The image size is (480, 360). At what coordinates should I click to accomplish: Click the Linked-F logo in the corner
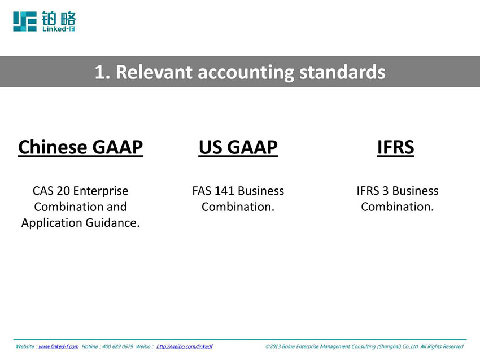point(44,21)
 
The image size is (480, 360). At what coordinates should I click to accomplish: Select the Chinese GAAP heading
point(81,148)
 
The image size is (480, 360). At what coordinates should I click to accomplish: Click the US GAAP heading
point(238,148)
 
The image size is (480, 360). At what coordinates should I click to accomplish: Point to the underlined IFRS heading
point(395,148)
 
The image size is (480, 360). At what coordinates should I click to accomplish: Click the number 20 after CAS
point(63,191)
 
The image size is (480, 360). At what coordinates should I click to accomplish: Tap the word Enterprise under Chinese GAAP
point(101,191)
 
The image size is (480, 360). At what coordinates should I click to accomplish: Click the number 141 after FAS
point(224,191)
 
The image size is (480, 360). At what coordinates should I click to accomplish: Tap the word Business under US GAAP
point(261,191)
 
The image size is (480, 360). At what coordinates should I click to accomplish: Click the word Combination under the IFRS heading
point(397,207)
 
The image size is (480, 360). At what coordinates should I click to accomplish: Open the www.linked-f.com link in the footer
point(58,346)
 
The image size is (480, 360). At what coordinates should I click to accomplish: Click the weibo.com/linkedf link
point(184,346)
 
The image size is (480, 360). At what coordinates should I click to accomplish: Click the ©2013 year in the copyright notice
point(273,346)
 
